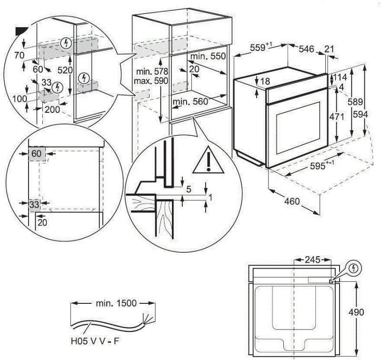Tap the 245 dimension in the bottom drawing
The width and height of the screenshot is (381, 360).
[x=311, y=260]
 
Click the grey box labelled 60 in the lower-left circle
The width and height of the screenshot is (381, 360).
[x=36, y=154]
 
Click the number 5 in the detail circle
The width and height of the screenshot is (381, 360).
[x=189, y=190]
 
